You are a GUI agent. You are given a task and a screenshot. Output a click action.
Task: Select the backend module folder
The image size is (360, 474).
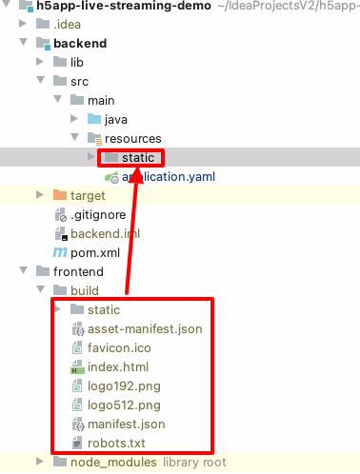pos(80,43)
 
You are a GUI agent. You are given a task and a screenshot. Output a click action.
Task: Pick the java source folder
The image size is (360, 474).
pos(116,119)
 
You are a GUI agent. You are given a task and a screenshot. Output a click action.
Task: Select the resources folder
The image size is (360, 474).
pos(132,138)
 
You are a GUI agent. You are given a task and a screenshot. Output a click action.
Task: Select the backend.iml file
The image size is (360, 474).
pos(105,233)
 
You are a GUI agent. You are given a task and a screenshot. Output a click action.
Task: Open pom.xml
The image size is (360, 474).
pos(94,252)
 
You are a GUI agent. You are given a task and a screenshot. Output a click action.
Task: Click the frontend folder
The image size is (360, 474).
pos(79,271)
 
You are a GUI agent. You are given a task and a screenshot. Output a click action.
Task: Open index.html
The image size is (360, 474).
pos(117,366)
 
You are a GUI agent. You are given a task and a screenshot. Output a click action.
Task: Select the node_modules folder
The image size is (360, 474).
pos(112,462)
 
